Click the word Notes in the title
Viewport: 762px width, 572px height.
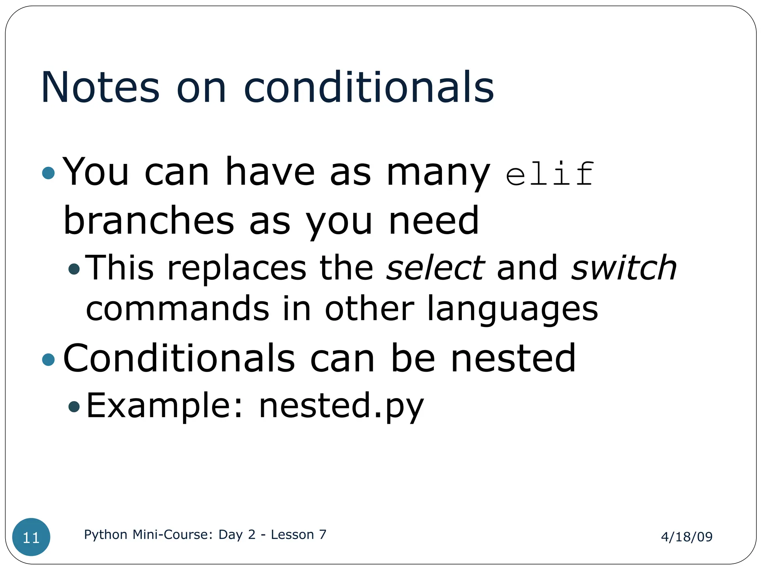coord(100,87)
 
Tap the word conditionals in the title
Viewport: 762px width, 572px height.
coord(369,87)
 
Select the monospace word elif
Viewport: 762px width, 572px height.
coord(549,174)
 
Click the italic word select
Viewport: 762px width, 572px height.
coord(435,268)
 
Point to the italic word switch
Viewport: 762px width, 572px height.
coord(624,268)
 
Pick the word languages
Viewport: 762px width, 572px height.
coord(512,309)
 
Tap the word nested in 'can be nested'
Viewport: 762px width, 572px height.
coord(513,358)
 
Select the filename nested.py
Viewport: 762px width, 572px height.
coord(341,406)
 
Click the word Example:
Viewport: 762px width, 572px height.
coord(165,406)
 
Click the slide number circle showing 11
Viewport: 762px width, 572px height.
coord(31,537)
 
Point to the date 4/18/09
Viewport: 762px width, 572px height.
coord(686,537)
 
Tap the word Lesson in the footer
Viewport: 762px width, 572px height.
coord(292,534)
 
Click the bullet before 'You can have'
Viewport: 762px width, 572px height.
coord(48,173)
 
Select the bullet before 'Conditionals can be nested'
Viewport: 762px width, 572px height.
coord(48,359)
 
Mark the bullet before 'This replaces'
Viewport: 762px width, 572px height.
coord(74,269)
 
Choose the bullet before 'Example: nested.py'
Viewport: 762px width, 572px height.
coord(74,406)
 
